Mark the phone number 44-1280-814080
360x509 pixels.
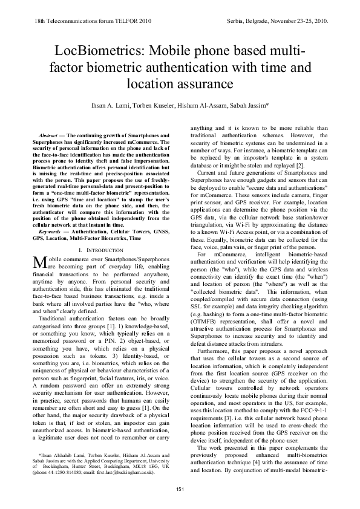click(65, 472)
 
